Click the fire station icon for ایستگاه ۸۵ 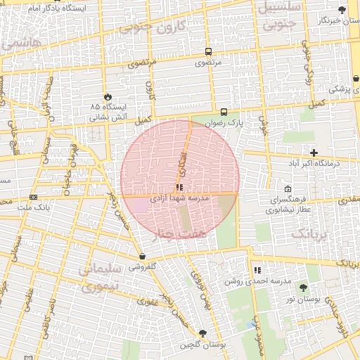108,96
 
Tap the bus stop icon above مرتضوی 208,52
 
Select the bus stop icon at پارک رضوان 224,112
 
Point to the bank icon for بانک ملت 34,197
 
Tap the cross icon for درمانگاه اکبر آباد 314,153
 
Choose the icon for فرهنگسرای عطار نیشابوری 288,189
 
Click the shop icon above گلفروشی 143,257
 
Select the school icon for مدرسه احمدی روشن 257,270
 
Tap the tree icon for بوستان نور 303,288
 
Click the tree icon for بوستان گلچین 203,333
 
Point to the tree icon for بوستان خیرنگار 342,10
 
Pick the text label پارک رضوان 224,122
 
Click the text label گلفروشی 143,267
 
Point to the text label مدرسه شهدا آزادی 180,199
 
